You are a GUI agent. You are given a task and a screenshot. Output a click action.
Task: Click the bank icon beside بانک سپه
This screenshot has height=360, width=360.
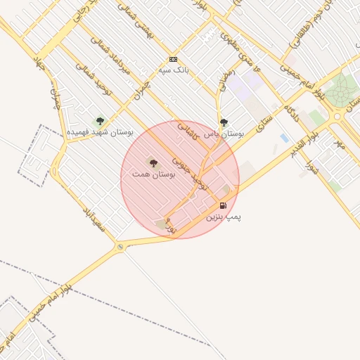pos(173,60)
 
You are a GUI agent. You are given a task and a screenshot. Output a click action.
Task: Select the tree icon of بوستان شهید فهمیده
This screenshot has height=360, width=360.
pos(98,121)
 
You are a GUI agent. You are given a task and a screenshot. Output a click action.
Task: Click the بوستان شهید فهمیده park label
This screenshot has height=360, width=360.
pos(96,131)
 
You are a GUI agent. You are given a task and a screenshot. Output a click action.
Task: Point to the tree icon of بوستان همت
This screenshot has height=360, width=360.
pos(153,162)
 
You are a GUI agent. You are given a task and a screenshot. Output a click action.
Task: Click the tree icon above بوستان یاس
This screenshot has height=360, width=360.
pos(224,122)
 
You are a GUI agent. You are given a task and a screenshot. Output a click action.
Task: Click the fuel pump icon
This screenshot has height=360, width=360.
pos(224,206)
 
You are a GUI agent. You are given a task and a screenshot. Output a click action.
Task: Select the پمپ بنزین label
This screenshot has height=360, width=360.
pos(223,217)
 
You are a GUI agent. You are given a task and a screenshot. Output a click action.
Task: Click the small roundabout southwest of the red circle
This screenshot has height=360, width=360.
pos(121,246)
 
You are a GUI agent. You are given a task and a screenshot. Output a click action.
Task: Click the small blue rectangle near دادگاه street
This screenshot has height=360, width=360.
pos(284,137)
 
